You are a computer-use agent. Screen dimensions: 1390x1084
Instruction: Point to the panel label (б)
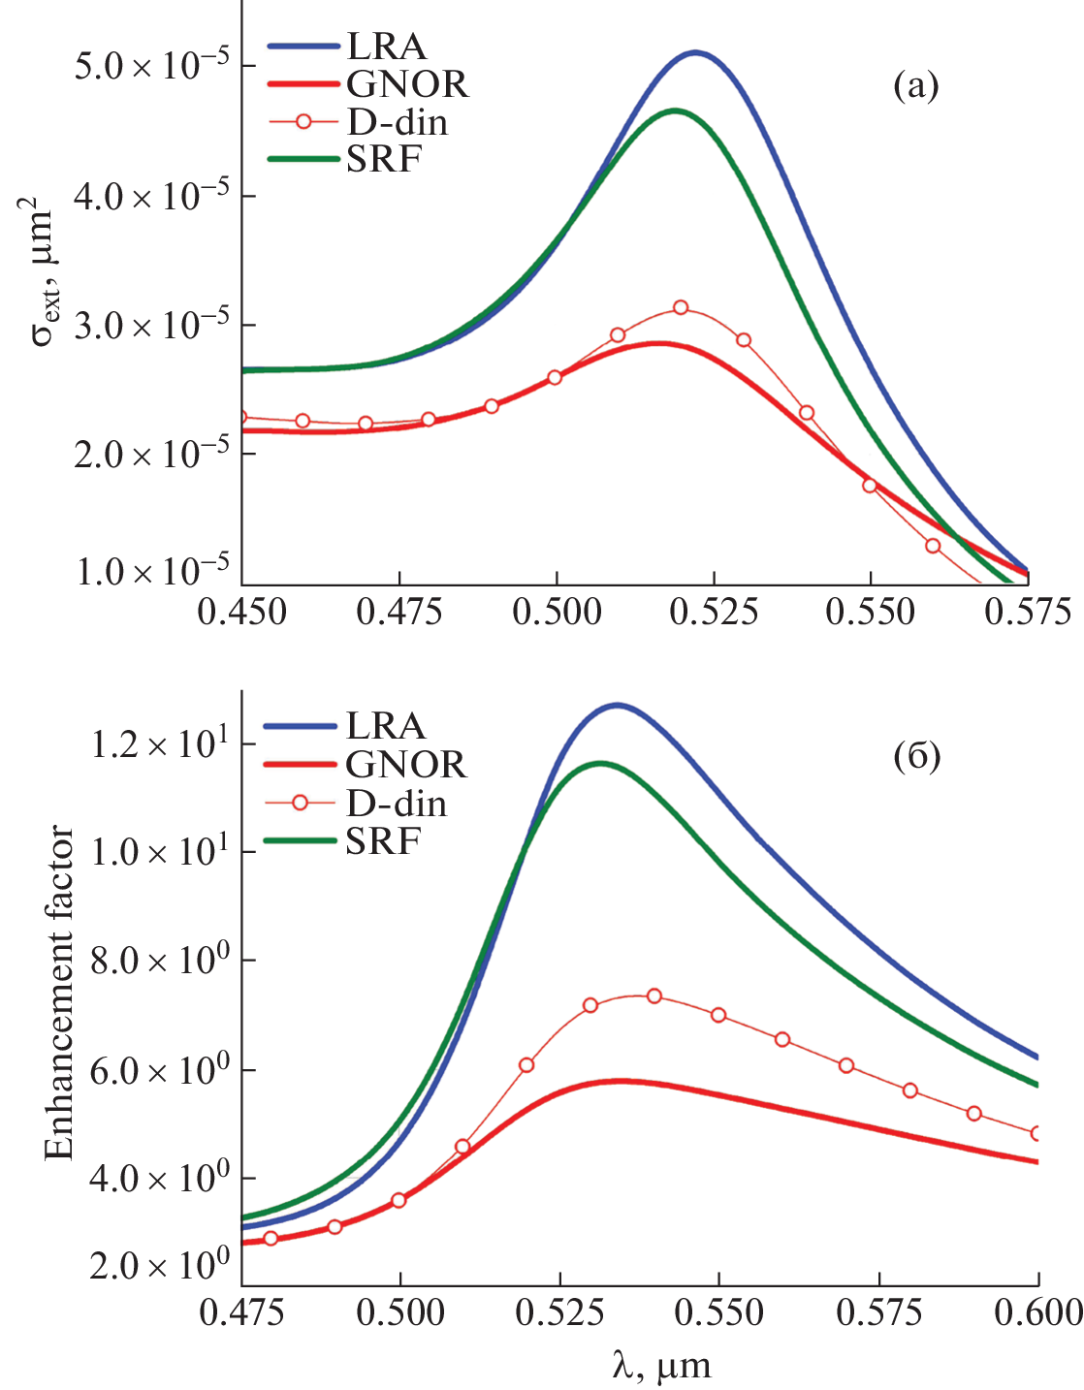point(916,757)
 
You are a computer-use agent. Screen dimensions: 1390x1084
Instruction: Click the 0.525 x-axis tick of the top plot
point(714,612)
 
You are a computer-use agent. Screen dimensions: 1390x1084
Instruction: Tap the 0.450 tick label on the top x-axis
point(242,612)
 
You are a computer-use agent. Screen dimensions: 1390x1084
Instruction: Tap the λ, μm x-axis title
point(661,1366)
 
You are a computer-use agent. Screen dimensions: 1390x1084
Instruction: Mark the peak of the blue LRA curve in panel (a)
point(696,52)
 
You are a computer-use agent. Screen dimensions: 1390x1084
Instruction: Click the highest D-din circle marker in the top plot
point(681,307)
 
